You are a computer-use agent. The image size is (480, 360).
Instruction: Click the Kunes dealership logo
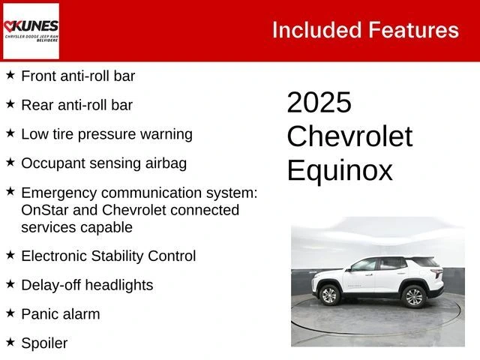pyautogui.click(x=31, y=31)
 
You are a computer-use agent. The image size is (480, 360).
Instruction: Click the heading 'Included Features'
pyautogui.click(x=365, y=30)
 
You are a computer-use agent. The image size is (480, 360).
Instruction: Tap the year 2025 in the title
pyautogui.click(x=319, y=103)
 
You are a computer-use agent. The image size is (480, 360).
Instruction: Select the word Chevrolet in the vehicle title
pyautogui.click(x=349, y=136)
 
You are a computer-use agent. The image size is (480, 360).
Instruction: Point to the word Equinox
pyautogui.click(x=340, y=170)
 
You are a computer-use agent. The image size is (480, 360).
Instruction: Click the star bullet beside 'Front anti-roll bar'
pyautogui.click(x=10, y=75)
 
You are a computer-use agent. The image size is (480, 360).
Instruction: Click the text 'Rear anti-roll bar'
pyautogui.click(x=76, y=105)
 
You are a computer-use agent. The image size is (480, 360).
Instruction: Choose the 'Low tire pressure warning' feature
pyautogui.click(x=106, y=134)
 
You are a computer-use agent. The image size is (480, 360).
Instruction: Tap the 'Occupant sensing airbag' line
pyautogui.click(x=103, y=163)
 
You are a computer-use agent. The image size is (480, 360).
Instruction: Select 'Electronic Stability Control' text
pyautogui.click(x=108, y=256)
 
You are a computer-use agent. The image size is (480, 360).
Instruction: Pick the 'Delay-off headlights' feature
pyautogui.click(x=87, y=285)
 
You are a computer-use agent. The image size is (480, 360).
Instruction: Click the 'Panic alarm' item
pyautogui.click(x=60, y=314)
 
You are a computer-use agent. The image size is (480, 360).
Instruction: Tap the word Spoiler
pyautogui.click(x=44, y=343)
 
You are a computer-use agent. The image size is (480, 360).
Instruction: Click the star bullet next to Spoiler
pyautogui.click(x=10, y=342)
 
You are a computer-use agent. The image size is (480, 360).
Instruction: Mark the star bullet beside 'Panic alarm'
pyautogui.click(x=10, y=313)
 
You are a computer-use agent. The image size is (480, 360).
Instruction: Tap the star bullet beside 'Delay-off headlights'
pyautogui.click(x=10, y=283)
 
